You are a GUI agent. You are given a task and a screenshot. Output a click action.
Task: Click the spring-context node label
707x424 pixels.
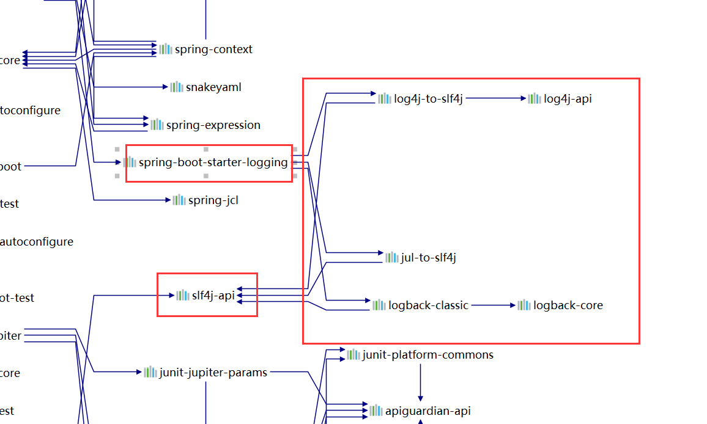pyautogui.click(x=213, y=49)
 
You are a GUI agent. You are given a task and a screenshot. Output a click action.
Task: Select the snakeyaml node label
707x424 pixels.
pyautogui.click(x=213, y=87)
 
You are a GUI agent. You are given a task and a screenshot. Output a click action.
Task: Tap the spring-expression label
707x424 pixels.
pyautogui.click(x=213, y=125)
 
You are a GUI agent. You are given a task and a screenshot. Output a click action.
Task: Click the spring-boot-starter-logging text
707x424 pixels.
pyautogui.click(x=213, y=163)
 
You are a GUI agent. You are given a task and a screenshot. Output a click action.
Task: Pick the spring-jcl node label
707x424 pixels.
pyautogui.click(x=213, y=200)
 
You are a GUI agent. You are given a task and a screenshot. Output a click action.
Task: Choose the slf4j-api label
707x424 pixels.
pyautogui.click(x=213, y=296)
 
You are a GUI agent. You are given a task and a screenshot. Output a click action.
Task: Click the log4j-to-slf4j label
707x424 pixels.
pyautogui.click(x=428, y=98)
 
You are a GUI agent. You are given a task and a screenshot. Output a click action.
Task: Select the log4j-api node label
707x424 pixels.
pyautogui.click(x=568, y=98)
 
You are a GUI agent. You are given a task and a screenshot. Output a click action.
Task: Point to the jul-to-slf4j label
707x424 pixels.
pyautogui.click(x=428, y=258)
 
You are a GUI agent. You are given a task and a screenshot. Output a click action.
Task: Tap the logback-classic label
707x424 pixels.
pyautogui.click(x=428, y=305)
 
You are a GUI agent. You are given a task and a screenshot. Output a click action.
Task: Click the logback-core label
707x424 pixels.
pyautogui.click(x=568, y=305)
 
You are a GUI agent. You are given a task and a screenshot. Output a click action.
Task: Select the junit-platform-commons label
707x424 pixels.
pyautogui.click(x=428, y=355)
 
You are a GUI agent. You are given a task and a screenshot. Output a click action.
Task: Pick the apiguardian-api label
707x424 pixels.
pyautogui.click(x=428, y=411)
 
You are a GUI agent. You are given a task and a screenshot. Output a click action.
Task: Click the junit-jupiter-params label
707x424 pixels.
pyautogui.click(x=213, y=373)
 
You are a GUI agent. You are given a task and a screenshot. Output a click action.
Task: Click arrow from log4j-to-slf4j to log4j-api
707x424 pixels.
pyautogui.click(x=495, y=98)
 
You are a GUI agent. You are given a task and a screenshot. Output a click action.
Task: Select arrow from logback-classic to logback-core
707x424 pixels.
pyautogui.click(x=493, y=305)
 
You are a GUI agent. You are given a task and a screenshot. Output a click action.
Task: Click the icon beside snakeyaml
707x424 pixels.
pyautogui.click(x=176, y=87)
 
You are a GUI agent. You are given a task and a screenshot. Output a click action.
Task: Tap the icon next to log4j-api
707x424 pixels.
pyautogui.click(x=535, y=98)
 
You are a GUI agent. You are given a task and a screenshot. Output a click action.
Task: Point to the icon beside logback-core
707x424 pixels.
pyautogui.click(x=524, y=305)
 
